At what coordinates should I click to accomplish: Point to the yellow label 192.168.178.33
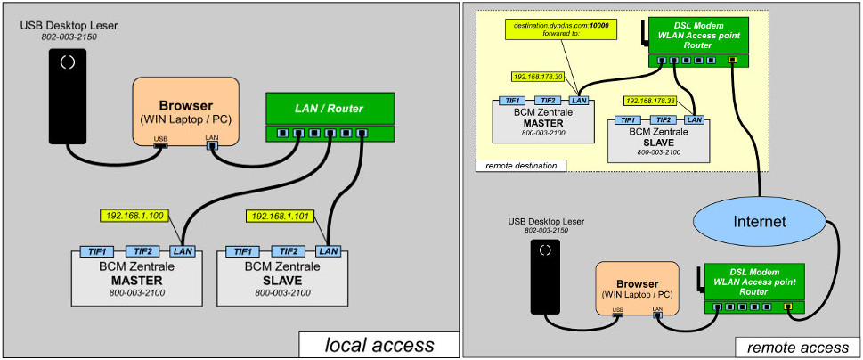tap(650, 101)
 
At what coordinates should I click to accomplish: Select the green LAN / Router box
tap(329, 109)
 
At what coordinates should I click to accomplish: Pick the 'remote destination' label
tap(517, 166)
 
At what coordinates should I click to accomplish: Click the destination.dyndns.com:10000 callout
tap(551, 29)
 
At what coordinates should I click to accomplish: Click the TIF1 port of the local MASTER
tap(94, 251)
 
